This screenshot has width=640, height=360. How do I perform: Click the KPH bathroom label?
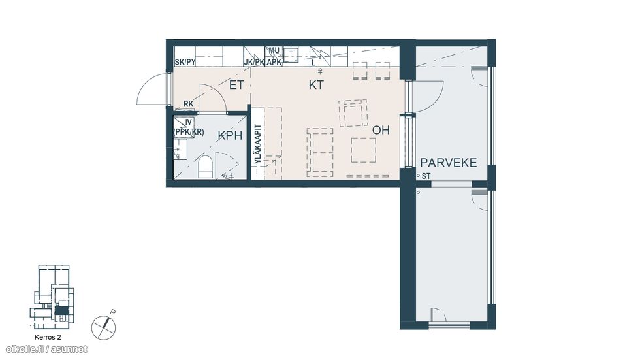(x=230, y=135)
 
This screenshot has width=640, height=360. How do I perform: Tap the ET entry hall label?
(x=236, y=85)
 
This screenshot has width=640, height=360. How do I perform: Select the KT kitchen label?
(x=316, y=85)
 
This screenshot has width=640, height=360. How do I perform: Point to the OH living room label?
(x=381, y=130)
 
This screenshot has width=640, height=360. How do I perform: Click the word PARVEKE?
(x=449, y=163)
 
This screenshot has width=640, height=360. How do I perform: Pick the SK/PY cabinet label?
(x=185, y=63)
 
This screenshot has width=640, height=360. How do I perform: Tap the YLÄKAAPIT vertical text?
(x=257, y=144)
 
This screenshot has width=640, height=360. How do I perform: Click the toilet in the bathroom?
(x=205, y=167)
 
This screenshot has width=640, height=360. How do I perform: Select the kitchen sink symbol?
(x=291, y=55)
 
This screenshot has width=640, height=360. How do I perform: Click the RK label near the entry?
(x=188, y=104)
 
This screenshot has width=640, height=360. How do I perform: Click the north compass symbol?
(x=104, y=326)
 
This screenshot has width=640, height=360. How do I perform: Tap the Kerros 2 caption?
(x=48, y=338)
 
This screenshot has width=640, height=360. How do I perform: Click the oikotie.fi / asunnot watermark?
(x=47, y=350)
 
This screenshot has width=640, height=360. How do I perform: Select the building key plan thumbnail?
(x=52, y=297)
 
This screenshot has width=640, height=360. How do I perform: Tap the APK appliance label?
(x=274, y=63)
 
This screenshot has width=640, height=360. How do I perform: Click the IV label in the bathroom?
(x=188, y=122)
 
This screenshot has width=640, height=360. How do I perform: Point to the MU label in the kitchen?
(x=274, y=51)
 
